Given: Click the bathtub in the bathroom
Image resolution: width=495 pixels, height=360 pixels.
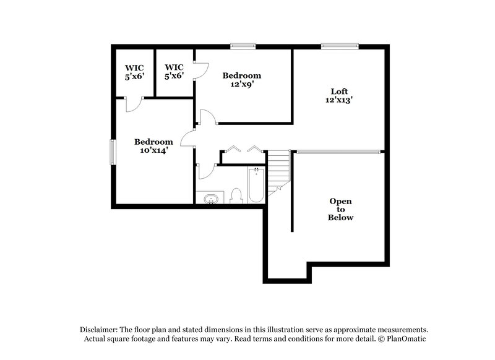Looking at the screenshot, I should pos(256,186).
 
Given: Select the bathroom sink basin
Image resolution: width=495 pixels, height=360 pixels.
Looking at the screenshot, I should pos(211,199).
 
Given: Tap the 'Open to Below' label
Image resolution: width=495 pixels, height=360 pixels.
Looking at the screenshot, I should pos(340,210).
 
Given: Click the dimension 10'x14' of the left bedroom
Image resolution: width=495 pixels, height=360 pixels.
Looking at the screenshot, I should pos(153,150).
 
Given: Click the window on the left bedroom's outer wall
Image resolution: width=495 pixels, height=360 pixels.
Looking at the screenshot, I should pos(113,152).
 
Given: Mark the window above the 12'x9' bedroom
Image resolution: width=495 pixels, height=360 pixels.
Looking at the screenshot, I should pos(243,45).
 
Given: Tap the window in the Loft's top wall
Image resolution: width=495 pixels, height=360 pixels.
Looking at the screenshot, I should pos(340,45).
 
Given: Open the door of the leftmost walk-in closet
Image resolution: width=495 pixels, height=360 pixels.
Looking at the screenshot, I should pos(134,105).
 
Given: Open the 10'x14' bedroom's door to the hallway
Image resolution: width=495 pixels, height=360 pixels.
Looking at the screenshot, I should pos(187,139).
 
